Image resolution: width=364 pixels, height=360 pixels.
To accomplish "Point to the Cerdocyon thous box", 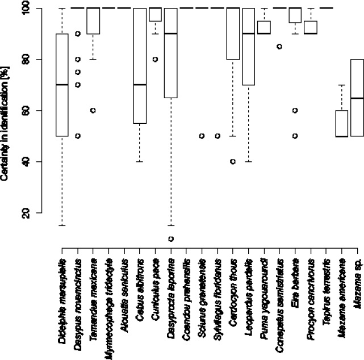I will [x=233, y=34].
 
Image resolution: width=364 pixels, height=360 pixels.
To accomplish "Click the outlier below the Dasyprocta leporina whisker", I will [x=170, y=238].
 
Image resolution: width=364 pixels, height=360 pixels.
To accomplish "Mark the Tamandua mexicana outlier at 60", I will [x=93, y=110].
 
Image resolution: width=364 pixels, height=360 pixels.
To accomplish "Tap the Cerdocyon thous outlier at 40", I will [x=233, y=161].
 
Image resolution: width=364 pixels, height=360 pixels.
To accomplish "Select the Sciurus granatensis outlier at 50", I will [x=202, y=136].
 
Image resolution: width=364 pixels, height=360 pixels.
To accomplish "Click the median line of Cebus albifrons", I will [x=140, y=85].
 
